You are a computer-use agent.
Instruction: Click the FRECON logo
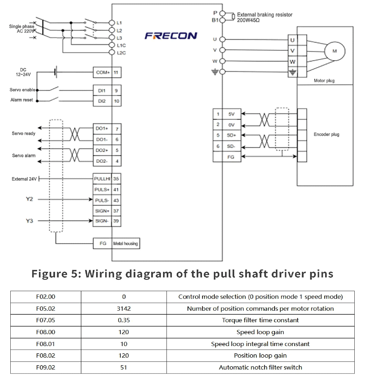click(171, 36)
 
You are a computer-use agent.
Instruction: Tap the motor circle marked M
click(335, 51)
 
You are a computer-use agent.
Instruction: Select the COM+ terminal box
click(103, 73)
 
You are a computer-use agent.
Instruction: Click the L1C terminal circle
click(112, 45)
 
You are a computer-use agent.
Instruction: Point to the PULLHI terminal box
click(102, 179)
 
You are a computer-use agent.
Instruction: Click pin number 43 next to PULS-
click(116, 200)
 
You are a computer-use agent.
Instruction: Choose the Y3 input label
click(29, 221)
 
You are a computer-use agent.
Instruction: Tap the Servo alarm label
click(24, 155)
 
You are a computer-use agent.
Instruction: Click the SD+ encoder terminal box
click(231, 135)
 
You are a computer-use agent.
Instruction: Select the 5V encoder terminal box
click(231, 114)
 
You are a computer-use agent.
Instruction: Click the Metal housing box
click(126, 244)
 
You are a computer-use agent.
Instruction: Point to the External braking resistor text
click(264, 15)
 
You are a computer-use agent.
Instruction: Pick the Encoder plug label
click(326, 134)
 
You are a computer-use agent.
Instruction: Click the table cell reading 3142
click(124, 309)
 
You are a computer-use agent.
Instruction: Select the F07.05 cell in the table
click(46, 320)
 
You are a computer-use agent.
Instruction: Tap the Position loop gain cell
click(260, 355)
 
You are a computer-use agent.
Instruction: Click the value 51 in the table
click(123, 367)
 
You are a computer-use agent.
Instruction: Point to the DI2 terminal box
click(102, 101)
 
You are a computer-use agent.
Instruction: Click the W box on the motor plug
click(292, 62)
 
